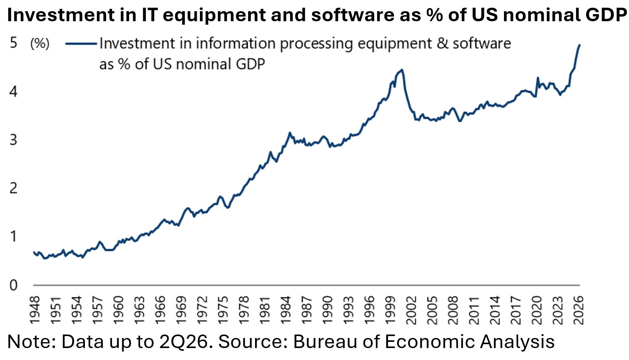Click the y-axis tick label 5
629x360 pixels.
[14, 43]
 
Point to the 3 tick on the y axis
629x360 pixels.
[14, 140]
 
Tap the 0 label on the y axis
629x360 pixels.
[14, 285]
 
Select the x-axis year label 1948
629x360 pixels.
[36, 310]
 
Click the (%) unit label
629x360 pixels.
[40, 44]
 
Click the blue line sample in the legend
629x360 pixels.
[81, 44]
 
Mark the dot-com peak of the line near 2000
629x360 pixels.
[402, 69]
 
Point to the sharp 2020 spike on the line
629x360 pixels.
[538, 78]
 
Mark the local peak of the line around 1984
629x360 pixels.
[290, 133]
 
